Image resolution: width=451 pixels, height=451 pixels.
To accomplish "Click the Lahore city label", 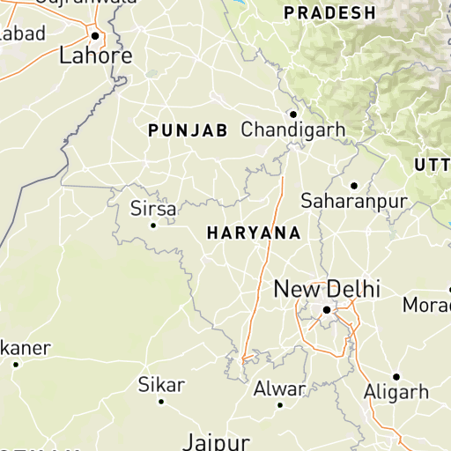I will point(95,56).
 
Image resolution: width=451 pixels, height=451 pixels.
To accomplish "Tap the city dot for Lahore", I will point(95,36).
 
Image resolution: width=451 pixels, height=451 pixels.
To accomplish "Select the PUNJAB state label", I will point(188,130).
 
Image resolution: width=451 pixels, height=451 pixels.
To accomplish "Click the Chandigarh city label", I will point(293,130).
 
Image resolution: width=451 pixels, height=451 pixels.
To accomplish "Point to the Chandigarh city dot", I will point(293,114).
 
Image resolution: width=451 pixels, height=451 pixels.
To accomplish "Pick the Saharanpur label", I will point(354,202).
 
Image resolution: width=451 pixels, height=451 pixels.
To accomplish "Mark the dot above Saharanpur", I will point(353,185).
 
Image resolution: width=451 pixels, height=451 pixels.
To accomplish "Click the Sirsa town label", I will point(153,210).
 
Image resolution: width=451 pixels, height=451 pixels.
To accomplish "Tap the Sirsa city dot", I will point(153,225).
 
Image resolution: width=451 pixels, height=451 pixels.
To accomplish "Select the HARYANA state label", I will point(253,233).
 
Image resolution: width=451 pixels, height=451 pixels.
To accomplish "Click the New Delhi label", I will point(327,289).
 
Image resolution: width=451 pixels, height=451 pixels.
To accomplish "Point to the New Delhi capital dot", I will point(326,310).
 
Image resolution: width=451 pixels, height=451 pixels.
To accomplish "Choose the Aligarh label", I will point(396,392).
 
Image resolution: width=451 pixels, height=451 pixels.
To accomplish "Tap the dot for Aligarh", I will point(396,376).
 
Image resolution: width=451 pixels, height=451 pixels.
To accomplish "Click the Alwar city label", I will point(279,388).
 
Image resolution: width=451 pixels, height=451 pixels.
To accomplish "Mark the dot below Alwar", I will point(280,405).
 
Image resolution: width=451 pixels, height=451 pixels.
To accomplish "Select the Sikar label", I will point(161,385).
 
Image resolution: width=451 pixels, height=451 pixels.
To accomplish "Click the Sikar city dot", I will point(161,402).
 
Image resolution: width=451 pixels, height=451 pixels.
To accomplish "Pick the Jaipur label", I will point(217,441).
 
